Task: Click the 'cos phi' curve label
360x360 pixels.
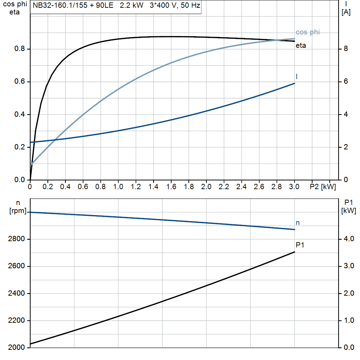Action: (308, 32)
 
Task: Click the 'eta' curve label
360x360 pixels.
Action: (301, 46)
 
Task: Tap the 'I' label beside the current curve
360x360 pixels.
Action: (297, 76)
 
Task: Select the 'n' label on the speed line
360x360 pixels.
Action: (298, 223)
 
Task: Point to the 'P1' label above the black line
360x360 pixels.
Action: (300, 245)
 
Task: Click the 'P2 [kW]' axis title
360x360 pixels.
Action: (322, 187)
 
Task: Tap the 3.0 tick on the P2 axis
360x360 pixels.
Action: (294, 187)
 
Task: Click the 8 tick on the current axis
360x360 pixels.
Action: (346, 49)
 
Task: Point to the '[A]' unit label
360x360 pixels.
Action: (346, 13)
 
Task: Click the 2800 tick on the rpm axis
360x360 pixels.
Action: (16, 239)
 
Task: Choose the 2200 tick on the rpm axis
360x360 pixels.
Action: (16, 321)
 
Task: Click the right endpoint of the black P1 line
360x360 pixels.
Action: (294, 252)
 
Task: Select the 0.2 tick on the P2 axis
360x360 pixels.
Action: (48, 187)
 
